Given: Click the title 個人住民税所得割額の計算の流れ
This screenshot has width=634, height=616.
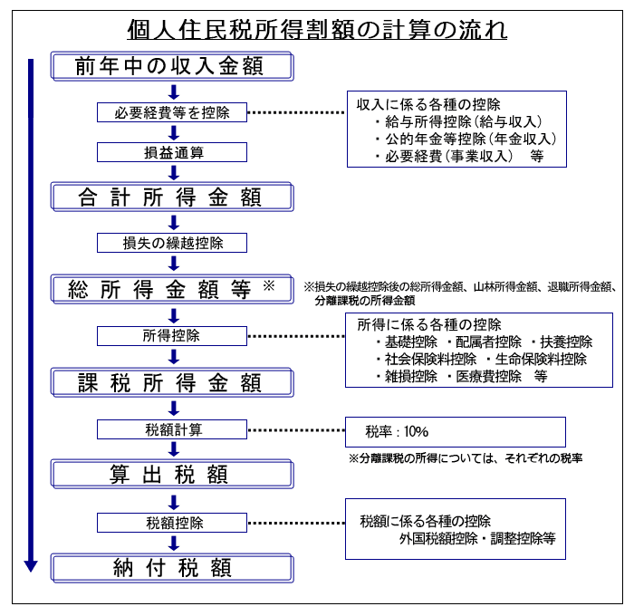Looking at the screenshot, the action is point(317,30).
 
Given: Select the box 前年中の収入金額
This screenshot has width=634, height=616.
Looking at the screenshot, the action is point(172,66).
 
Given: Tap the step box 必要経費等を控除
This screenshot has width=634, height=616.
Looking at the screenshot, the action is point(172,112).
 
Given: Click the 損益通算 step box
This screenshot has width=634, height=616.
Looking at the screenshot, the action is point(172,152).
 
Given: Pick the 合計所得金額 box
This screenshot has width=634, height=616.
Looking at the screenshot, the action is point(172,197).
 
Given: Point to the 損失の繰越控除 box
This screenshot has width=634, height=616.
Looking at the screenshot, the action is point(172,243).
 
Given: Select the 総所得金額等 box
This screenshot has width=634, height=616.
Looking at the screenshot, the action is point(172,289).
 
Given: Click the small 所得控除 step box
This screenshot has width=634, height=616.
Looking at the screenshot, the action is point(172,336).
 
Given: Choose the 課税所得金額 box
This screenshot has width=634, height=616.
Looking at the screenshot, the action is point(172,382).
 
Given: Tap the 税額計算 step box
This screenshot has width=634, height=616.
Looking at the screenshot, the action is point(172,429).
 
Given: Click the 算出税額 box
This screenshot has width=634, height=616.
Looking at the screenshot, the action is point(172,474).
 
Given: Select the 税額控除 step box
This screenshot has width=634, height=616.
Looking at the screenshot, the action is point(172,523).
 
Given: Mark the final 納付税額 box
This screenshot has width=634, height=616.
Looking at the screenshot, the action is point(172,568).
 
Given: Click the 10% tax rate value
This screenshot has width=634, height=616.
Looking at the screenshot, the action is point(416,431).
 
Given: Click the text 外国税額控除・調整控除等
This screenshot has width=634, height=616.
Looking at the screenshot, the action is point(477,538).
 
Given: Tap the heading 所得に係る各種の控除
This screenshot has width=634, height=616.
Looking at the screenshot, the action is point(429,324).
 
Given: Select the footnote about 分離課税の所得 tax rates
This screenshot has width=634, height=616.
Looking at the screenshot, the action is point(466,458).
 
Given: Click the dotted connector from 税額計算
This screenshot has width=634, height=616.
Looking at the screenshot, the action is point(296,430).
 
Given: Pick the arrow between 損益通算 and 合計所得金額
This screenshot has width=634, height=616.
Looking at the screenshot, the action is point(174,173).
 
